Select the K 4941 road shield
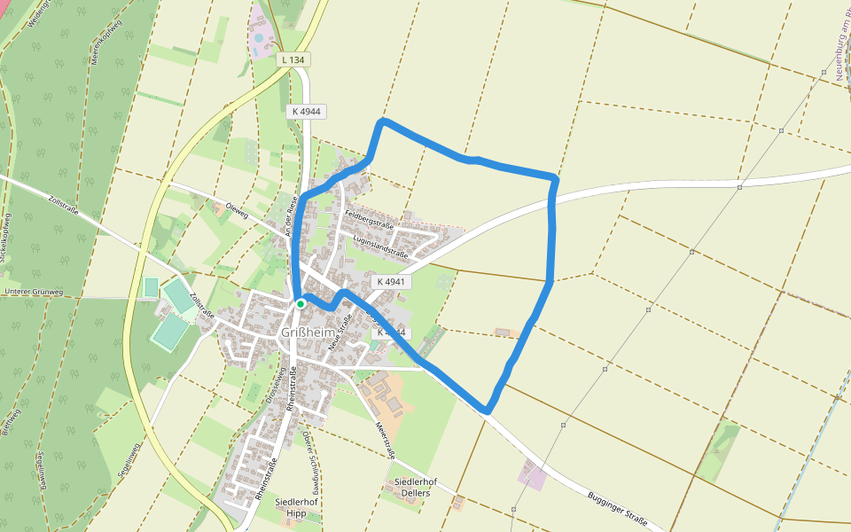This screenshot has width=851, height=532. [390, 281]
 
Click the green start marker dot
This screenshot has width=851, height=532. [301, 303]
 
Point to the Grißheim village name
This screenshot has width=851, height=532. [311, 332]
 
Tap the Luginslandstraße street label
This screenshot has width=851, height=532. [379, 246]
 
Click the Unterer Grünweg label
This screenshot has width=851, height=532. [33, 292]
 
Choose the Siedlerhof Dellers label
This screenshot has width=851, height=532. [406, 487]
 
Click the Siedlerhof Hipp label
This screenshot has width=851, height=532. [297, 507]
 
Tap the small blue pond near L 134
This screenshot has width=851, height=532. [258, 39]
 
